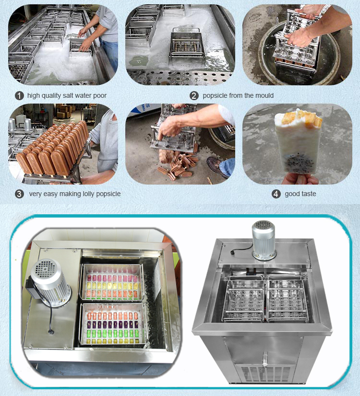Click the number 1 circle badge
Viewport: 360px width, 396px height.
click(20, 95)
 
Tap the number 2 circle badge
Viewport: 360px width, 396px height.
click(194, 95)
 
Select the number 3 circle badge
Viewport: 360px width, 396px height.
click(20, 194)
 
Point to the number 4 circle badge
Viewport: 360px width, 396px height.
click(276, 194)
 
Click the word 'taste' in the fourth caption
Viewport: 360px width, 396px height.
click(308, 194)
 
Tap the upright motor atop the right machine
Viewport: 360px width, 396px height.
click(264, 240)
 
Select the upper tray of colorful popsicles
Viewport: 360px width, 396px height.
click(112, 282)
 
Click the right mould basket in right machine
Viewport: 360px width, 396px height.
click(287, 297)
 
